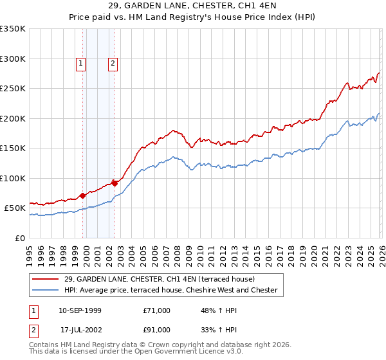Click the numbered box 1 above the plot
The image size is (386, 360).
click(x=81, y=63)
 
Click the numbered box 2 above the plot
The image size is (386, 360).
click(x=113, y=63)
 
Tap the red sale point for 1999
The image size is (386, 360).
click(x=83, y=195)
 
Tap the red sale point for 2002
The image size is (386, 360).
click(x=115, y=183)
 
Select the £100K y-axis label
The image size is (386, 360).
click(x=13, y=178)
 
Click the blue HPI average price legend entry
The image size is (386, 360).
click(x=170, y=291)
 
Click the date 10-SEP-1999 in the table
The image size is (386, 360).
click(x=80, y=310)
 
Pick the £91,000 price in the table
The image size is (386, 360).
click(x=157, y=330)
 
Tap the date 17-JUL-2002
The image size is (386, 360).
click(x=80, y=330)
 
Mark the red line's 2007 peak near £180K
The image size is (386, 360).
click(x=174, y=130)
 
